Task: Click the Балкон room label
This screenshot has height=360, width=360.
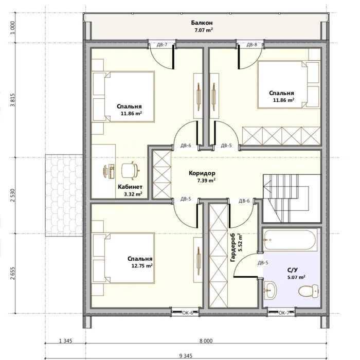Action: (x=202, y=23)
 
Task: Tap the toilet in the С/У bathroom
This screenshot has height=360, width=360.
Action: (x=309, y=291)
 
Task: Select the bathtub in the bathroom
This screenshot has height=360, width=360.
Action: (x=290, y=240)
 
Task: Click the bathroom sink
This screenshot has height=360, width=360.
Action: (x=270, y=290)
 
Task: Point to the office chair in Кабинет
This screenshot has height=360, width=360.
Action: (x=131, y=170)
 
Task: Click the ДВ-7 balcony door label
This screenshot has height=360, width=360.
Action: (x=162, y=45)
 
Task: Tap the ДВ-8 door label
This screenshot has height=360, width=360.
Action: (x=252, y=45)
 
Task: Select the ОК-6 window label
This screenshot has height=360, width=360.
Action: (x=188, y=313)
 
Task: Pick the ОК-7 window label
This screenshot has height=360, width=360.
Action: (x=284, y=313)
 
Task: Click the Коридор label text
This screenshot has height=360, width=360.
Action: (x=202, y=173)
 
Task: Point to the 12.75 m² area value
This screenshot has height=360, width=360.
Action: (x=142, y=266)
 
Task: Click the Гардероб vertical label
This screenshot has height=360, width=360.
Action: (x=232, y=248)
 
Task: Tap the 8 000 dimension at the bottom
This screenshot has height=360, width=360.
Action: (x=206, y=341)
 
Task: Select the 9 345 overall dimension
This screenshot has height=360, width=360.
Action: (x=186, y=356)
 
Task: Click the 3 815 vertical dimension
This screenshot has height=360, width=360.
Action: (x=13, y=100)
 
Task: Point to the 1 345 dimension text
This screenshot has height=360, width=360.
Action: (x=66, y=341)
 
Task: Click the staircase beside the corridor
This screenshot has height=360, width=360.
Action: (x=292, y=198)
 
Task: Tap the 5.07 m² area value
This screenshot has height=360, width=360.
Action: (x=296, y=277)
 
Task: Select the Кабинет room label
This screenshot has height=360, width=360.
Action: (x=130, y=187)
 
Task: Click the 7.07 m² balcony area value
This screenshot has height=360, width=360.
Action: (x=204, y=30)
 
